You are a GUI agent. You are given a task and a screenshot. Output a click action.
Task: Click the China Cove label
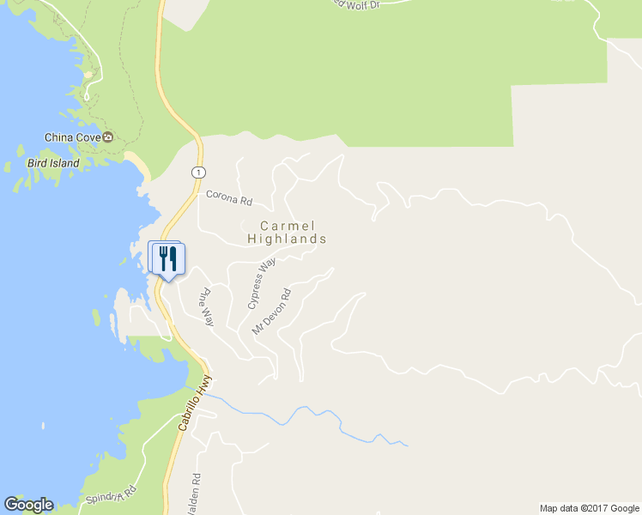point(73,137)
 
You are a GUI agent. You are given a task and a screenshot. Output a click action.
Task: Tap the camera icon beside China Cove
point(108,137)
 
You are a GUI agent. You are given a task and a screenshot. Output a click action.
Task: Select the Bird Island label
point(53,163)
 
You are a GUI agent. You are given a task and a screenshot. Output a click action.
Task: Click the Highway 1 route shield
point(199,173)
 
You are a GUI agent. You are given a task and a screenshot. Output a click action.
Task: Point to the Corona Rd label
point(229,199)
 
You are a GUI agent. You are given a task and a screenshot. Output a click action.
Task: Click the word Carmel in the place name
point(287,225)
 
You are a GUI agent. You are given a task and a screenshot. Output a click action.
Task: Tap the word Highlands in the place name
point(287,239)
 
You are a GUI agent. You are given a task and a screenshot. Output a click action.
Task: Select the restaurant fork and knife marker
point(167,257)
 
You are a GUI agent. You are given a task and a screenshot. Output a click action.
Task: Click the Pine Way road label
point(206,307)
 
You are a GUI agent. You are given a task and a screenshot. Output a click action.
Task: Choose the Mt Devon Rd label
point(272,311)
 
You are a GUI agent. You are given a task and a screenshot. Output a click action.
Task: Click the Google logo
point(28,505)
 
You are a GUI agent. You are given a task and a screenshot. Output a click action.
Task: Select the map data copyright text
point(589,508)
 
